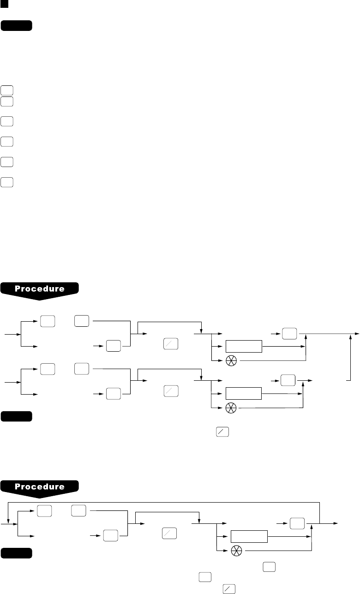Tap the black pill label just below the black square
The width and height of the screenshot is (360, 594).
click(x=17, y=25)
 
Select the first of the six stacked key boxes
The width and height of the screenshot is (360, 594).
click(x=6, y=90)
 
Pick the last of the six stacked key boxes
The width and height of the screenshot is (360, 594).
click(x=6, y=182)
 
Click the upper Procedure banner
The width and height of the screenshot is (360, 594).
click(x=40, y=289)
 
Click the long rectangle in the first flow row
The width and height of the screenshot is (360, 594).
click(x=243, y=347)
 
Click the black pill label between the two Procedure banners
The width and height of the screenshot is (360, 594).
click(x=17, y=417)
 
